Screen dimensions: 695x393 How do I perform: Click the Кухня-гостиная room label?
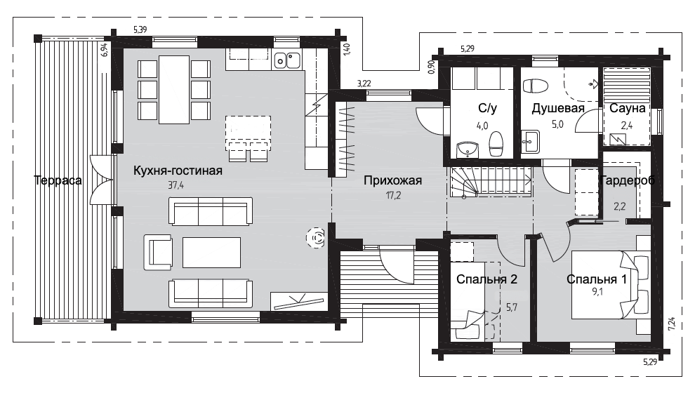(x=178, y=171)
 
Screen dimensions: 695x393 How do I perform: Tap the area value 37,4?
(x=176, y=185)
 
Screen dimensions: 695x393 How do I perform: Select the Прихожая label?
(x=392, y=180)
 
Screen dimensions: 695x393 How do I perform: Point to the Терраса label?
(x=58, y=180)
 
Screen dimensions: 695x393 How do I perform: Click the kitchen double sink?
(x=287, y=60)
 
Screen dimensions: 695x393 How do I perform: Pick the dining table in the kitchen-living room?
(x=175, y=90)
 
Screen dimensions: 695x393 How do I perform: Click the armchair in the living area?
(x=158, y=252)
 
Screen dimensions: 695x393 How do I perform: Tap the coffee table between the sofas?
(x=211, y=252)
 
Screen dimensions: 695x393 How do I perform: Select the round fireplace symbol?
(x=316, y=239)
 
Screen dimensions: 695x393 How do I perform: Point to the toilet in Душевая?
(x=535, y=86)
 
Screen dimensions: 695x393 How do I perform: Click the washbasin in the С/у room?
(x=467, y=149)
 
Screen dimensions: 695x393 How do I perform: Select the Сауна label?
(x=627, y=108)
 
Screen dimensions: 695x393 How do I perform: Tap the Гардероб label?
(x=627, y=180)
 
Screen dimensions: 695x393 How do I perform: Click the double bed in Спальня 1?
(x=611, y=284)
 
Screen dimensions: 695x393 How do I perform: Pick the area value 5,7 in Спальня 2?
(x=512, y=307)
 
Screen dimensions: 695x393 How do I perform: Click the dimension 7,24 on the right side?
(x=672, y=324)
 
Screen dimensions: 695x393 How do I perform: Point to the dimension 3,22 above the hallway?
(x=364, y=84)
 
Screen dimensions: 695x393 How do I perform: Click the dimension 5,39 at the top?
(x=140, y=30)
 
